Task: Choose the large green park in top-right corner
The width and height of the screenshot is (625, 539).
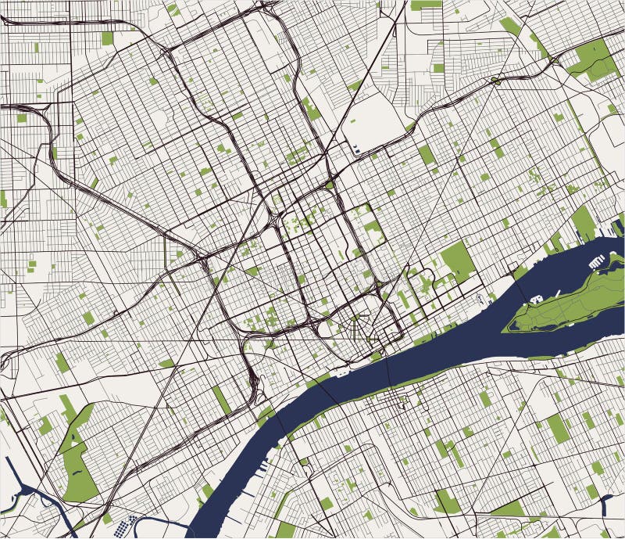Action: point(594,59)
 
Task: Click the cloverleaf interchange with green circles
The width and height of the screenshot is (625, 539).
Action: point(495,80)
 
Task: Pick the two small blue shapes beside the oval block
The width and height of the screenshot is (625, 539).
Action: point(356,148)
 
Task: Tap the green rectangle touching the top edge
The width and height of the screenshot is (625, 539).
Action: point(426,5)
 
